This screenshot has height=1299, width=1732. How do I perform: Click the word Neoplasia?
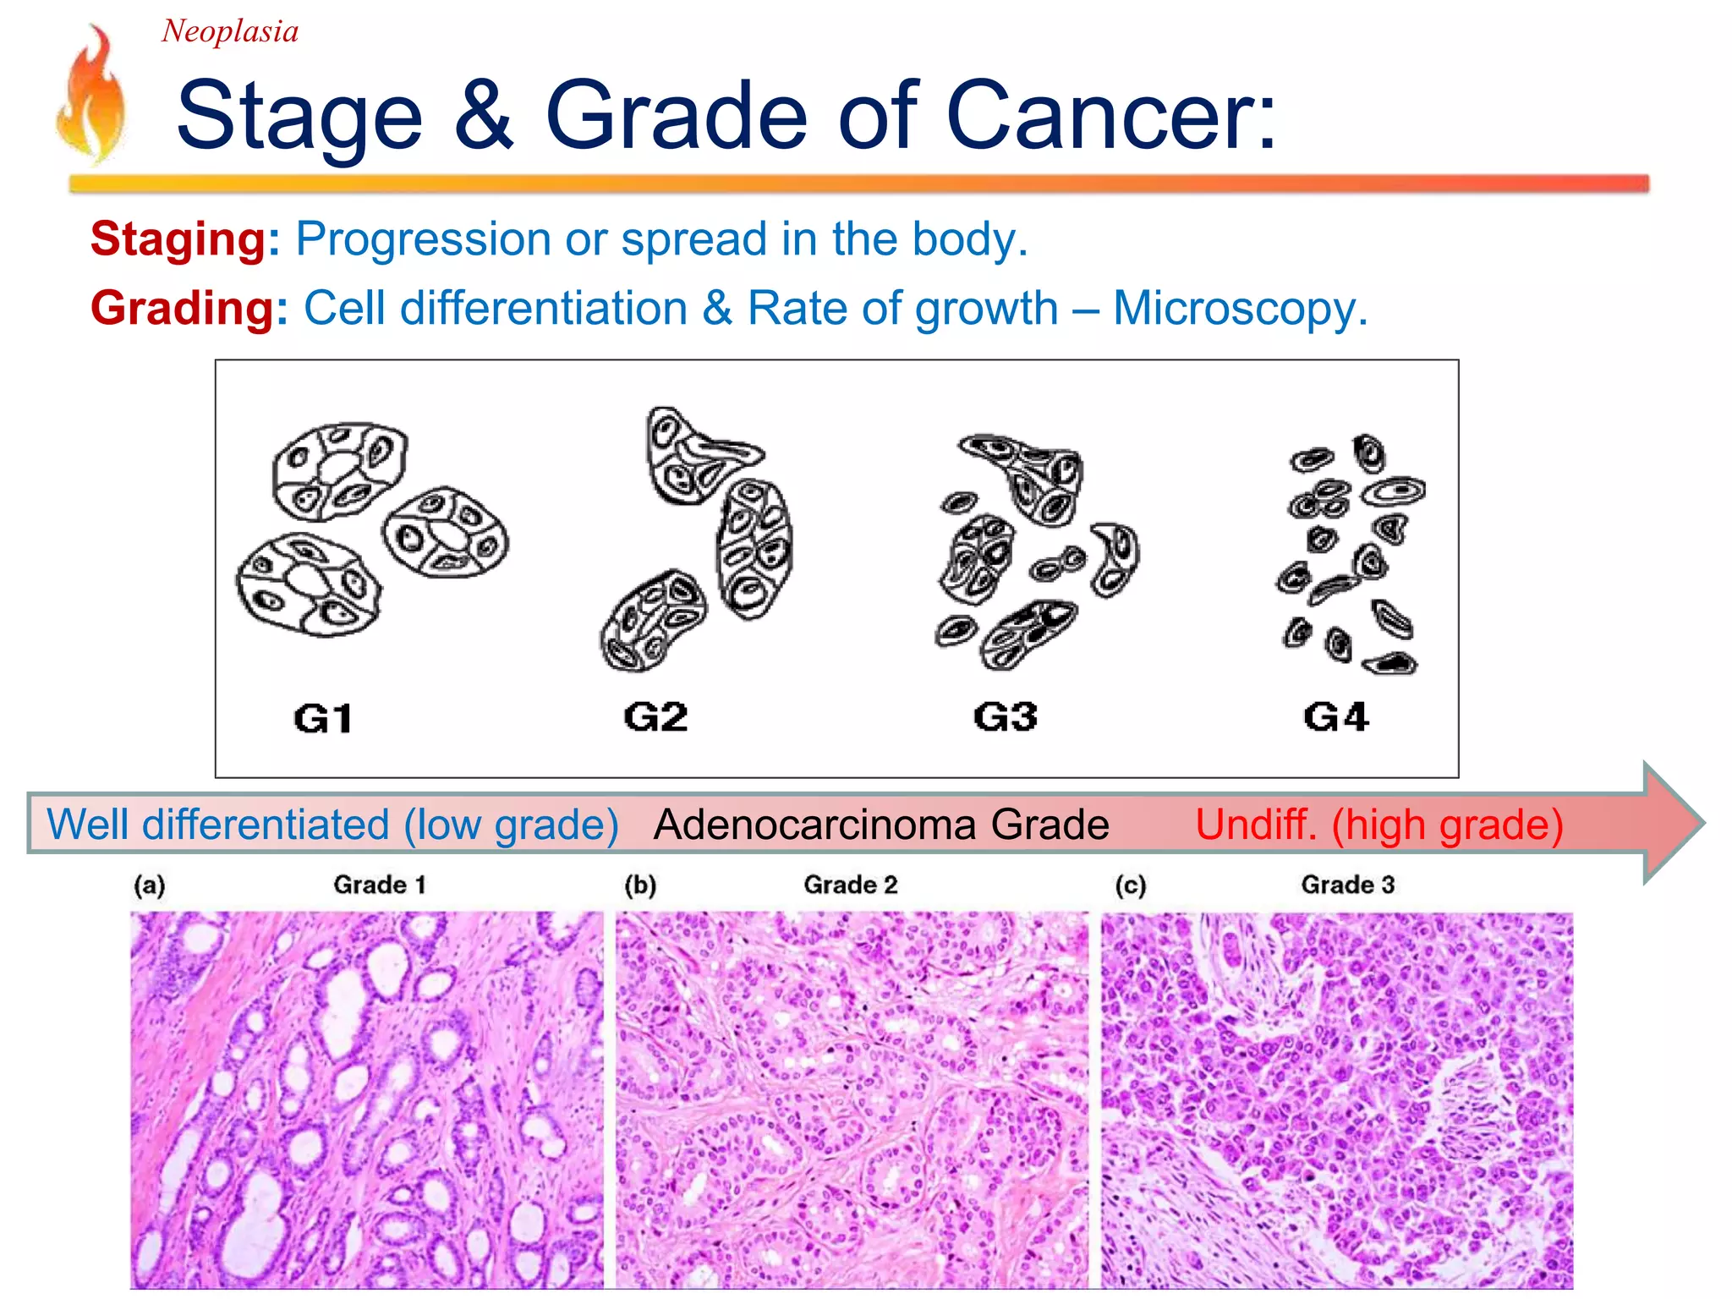click(x=229, y=32)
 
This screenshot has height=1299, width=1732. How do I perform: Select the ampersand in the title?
click(x=483, y=116)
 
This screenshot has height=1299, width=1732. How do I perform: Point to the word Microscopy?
click(x=1240, y=308)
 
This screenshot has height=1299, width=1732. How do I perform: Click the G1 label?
click(x=323, y=719)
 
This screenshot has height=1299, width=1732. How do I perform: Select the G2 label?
click(x=655, y=717)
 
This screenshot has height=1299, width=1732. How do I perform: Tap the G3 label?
click(x=1005, y=717)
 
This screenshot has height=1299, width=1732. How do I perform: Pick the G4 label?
click(x=1335, y=717)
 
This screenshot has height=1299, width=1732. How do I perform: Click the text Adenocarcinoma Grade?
click(x=880, y=825)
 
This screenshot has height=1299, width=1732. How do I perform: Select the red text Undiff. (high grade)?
click(x=1378, y=825)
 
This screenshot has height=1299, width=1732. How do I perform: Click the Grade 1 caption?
click(x=379, y=885)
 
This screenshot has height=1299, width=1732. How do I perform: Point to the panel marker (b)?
click(x=640, y=885)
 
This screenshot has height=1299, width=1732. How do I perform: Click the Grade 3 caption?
click(x=1347, y=885)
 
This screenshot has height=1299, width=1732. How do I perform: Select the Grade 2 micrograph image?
click(x=852, y=1099)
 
